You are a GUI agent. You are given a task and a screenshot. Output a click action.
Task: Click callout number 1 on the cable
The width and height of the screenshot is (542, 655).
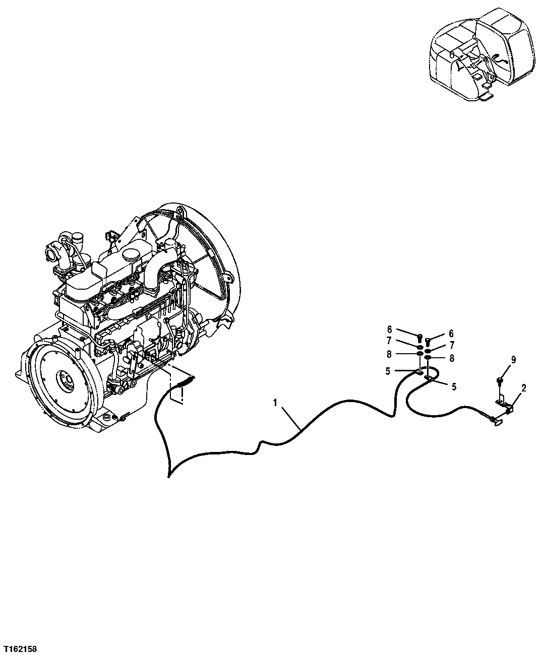pyautogui.click(x=275, y=403)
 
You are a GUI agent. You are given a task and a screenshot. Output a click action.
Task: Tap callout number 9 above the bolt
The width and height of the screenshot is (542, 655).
pyautogui.click(x=513, y=360)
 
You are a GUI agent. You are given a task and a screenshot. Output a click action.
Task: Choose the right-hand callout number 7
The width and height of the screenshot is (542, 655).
pyautogui.click(x=452, y=345)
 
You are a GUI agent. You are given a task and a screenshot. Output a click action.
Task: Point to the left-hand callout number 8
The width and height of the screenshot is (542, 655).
pyautogui.click(x=389, y=355)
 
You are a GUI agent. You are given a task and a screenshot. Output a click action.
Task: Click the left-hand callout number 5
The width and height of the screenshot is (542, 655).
pyautogui.click(x=387, y=371)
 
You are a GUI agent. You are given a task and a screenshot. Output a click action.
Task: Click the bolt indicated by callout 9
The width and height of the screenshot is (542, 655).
pyautogui.click(x=500, y=379)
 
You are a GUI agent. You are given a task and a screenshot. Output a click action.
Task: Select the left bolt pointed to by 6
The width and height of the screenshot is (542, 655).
pyautogui.click(x=419, y=336)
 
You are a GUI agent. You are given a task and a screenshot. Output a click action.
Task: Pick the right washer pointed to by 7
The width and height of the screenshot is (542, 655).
pyautogui.click(x=428, y=350)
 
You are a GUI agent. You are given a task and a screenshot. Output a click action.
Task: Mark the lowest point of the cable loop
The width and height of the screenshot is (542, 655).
pyautogui.click(x=169, y=475)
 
